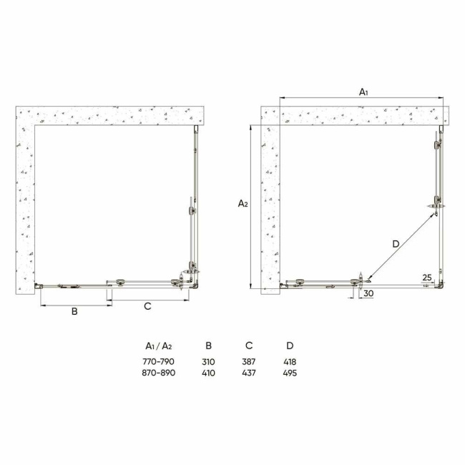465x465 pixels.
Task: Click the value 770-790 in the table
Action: coord(160,362)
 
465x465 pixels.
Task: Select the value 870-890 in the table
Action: coord(160,373)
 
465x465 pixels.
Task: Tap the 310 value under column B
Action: coord(208,362)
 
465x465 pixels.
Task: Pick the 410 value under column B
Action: coord(208,373)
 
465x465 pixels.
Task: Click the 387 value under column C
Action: coord(250,362)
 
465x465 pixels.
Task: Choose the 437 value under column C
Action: coord(250,373)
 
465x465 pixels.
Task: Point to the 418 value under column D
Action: coord(290,362)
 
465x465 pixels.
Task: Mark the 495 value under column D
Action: coord(290,373)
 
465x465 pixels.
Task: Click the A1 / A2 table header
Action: coord(160,346)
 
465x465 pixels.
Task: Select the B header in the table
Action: coord(208,346)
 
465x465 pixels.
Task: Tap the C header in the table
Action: coord(250,346)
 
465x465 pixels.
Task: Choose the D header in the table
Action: coord(290,346)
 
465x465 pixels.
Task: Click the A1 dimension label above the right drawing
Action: coord(363,91)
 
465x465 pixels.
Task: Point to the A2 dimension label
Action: coord(243,204)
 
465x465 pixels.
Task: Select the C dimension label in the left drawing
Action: coord(147,306)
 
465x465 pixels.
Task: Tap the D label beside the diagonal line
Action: coord(396,244)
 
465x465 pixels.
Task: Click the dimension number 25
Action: coord(426,276)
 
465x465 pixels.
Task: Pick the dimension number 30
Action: coord(368,293)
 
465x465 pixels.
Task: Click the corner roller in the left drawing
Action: coord(192,271)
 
